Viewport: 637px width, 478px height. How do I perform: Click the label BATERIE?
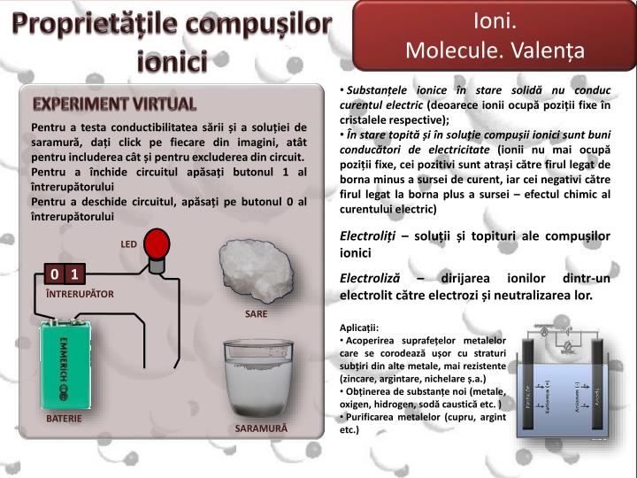click(65, 417)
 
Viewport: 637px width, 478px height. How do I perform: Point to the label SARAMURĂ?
click(261, 428)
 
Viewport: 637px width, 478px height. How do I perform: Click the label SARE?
click(256, 313)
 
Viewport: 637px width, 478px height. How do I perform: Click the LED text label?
click(129, 243)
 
